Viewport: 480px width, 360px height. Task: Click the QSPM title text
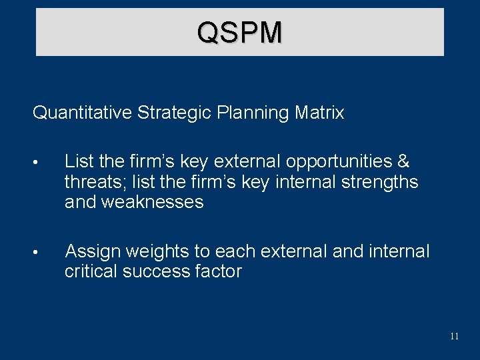click(x=239, y=32)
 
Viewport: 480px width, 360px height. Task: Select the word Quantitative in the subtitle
click(x=83, y=113)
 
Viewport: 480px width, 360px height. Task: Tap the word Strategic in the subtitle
click(x=175, y=113)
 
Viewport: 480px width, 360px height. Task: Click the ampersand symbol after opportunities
click(x=403, y=162)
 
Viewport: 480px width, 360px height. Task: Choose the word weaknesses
click(x=153, y=202)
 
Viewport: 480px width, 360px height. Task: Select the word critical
click(x=90, y=271)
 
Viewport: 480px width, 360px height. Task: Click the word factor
click(x=219, y=271)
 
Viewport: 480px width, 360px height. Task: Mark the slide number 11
click(x=454, y=336)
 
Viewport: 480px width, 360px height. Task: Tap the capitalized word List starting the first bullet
click(x=78, y=162)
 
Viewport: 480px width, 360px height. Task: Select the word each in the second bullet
click(x=236, y=251)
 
